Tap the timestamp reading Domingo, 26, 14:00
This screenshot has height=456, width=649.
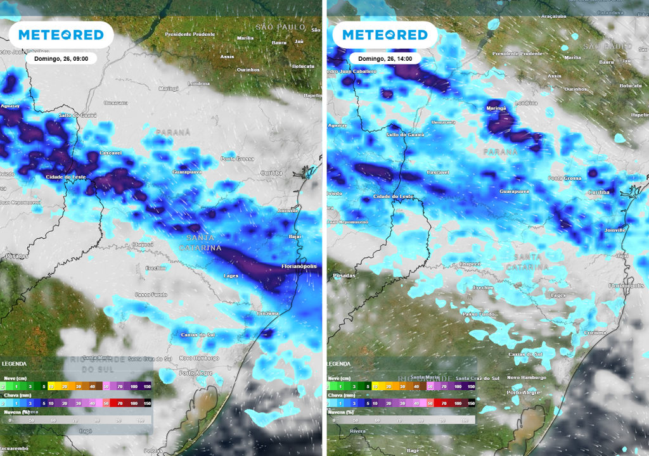coord(385,58)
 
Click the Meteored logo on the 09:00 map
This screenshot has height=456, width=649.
coord(61,35)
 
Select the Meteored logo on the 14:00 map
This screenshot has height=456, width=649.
coord(385,35)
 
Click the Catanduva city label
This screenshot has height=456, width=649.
coord(610,12)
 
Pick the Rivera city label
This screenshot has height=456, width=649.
coord(341,432)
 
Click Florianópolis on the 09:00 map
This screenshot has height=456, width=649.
coord(299,267)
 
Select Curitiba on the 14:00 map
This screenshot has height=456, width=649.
coord(599,192)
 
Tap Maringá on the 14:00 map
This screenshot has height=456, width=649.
coord(496,109)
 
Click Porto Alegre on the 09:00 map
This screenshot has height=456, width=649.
coord(196,373)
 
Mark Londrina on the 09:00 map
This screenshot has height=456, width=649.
coord(199,84)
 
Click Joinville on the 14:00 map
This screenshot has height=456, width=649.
coord(615,230)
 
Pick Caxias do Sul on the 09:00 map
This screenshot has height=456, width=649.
coord(198,334)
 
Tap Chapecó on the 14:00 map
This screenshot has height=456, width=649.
coord(470,263)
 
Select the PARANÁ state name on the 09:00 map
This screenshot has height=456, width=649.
coord(173,132)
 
